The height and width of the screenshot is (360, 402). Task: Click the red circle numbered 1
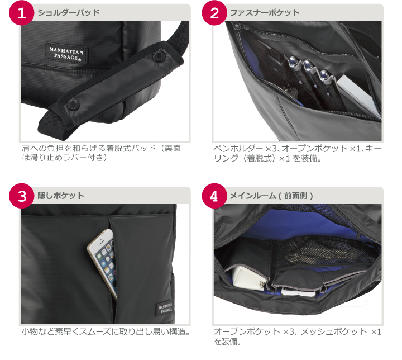pyautogui.click(x=22, y=13)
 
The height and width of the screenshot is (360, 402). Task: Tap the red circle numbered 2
pyautogui.click(x=214, y=13)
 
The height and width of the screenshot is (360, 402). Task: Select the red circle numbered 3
pyautogui.click(x=22, y=196)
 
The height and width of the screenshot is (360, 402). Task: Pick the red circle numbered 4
pyautogui.click(x=214, y=196)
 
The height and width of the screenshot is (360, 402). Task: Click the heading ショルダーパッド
pyautogui.click(x=69, y=12)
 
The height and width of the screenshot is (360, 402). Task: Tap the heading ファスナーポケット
pyautogui.click(x=265, y=12)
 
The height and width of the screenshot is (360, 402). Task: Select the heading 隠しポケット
pyautogui.click(x=61, y=196)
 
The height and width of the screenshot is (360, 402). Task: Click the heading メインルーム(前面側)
pyautogui.click(x=271, y=196)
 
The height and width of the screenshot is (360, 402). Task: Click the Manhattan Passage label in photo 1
pyautogui.click(x=66, y=53)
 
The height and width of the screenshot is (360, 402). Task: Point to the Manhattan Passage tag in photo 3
pyautogui.click(x=165, y=307)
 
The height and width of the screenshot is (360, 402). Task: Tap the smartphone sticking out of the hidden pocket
pyautogui.click(x=103, y=262)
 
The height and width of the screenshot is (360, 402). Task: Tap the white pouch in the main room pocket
pyautogui.click(x=247, y=278)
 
